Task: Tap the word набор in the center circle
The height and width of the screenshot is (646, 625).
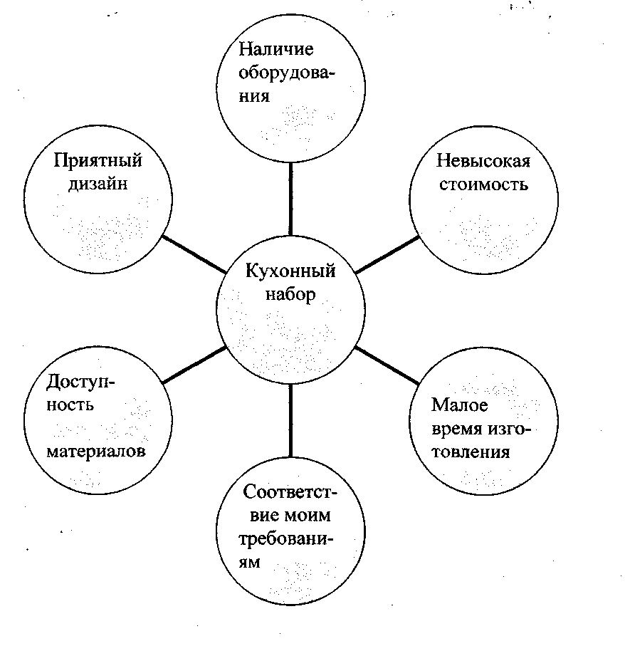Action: tap(290, 294)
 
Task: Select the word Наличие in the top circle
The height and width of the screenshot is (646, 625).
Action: tap(276, 51)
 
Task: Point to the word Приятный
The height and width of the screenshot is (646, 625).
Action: tap(98, 160)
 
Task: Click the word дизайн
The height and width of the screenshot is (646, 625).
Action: tap(98, 184)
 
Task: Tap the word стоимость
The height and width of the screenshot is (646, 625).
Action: tap(483, 184)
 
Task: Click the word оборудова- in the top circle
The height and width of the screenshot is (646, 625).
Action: tap(288, 74)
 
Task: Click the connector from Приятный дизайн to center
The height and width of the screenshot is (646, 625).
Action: tap(193, 253)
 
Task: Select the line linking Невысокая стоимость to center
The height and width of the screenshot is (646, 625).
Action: tap(387, 254)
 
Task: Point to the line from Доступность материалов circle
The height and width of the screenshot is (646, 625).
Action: tap(194, 366)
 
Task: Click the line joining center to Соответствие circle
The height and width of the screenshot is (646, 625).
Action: tap(290, 420)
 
